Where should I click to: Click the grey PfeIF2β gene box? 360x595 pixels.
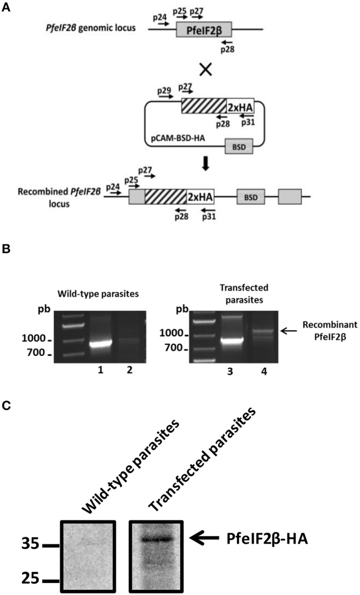coord(203,30)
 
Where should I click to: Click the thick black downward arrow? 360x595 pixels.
coord(206,164)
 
